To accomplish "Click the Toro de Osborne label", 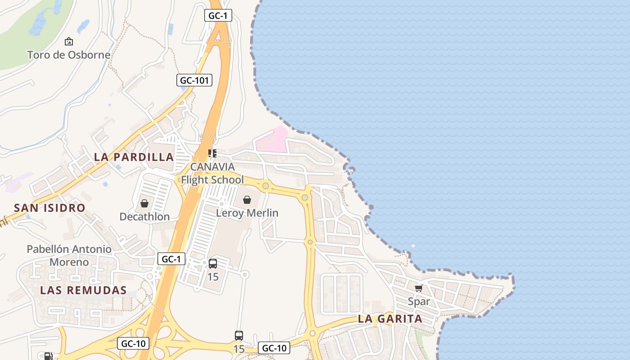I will click(68, 55).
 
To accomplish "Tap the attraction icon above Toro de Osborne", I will click(69, 41).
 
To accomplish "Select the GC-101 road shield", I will click(194, 81).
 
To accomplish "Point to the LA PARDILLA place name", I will click(134, 157).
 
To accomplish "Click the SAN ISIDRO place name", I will click(49, 208).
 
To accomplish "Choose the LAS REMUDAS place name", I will click(84, 290).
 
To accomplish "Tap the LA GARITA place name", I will click(390, 319).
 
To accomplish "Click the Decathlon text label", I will click(144, 216).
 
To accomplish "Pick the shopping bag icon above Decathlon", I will click(144, 204).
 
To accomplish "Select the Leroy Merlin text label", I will click(247, 213).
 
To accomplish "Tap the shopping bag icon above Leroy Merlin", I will click(247, 200).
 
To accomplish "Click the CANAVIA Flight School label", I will click(212, 173).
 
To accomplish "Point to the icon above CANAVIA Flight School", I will click(212, 153).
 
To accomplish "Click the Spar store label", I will click(418, 301).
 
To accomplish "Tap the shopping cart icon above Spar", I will click(418, 288).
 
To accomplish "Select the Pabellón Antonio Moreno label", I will click(69, 255).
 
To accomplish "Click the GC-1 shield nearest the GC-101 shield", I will click(218, 16).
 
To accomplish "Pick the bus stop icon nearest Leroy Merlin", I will click(213, 264).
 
